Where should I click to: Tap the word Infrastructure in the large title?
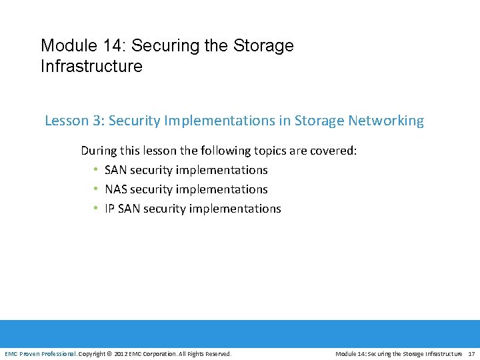point(91,67)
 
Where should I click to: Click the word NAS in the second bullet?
point(116,189)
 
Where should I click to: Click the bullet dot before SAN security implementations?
point(96,171)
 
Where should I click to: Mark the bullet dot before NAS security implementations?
point(96,190)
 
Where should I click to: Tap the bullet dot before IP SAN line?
point(96,209)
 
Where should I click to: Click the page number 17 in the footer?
point(471,353)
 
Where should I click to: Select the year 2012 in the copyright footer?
point(121,353)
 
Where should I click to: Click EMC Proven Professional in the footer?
point(40,353)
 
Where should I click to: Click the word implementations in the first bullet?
point(221,170)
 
